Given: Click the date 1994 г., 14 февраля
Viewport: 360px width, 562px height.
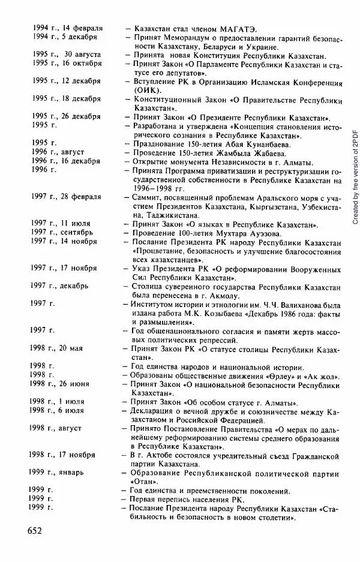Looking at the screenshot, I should click(67, 28).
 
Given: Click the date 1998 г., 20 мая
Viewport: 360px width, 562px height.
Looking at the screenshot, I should click(59, 348).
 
